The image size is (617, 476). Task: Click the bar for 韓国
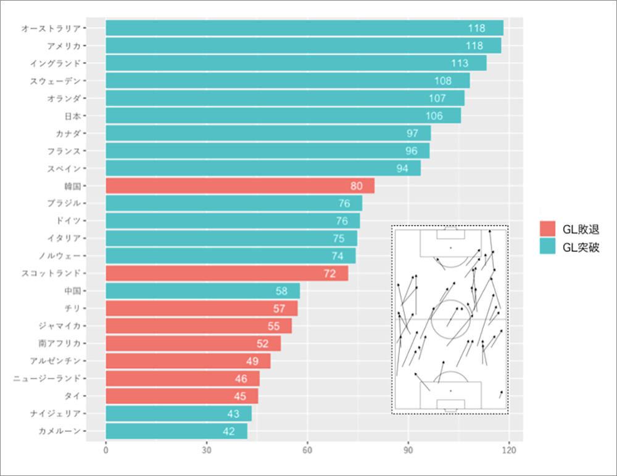(240, 186)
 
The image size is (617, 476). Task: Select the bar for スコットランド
(226, 273)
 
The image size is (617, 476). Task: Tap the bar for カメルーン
(176, 431)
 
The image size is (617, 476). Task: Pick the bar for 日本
(283, 116)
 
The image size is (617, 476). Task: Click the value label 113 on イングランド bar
(460, 64)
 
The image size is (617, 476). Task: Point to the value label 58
(282, 291)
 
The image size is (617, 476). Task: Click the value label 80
(357, 186)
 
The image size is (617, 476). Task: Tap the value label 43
(233, 414)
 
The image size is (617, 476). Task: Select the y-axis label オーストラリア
(51, 28)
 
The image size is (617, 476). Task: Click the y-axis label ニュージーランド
(47, 379)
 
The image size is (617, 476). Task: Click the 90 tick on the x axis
(408, 451)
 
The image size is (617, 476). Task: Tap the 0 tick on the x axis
(106, 451)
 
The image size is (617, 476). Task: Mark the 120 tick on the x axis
(509, 451)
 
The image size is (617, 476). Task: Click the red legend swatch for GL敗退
(547, 229)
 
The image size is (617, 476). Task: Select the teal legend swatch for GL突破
(547, 247)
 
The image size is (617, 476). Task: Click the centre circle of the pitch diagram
(450, 319)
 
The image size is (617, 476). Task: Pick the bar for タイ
(182, 396)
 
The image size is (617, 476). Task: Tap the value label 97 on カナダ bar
(413, 134)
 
